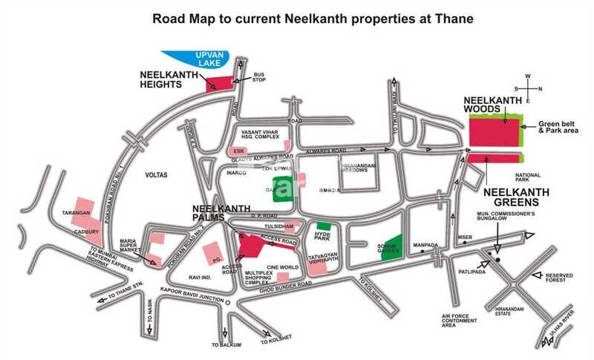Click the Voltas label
click(x=157, y=175)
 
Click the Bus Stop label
click(x=258, y=77)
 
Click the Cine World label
click(x=283, y=267)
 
